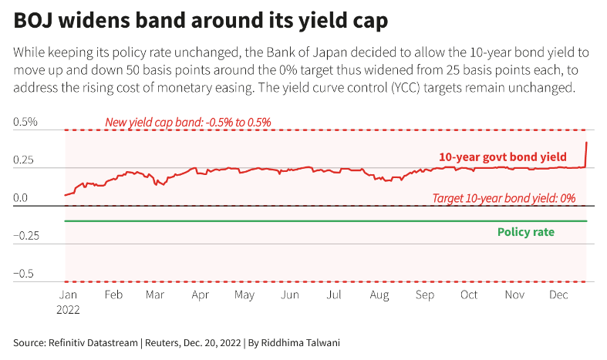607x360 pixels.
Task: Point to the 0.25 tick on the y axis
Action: click(x=26, y=160)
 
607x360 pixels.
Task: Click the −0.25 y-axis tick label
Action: click(x=29, y=235)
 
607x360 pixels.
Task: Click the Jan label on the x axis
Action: click(x=67, y=294)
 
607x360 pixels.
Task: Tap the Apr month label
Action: click(x=201, y=294)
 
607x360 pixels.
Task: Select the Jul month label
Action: click(x=334, y=294)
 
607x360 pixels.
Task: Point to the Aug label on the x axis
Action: click(x=379, y=294)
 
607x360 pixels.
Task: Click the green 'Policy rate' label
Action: click(x=526, y=231)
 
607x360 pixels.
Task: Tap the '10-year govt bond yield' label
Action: click(x=503, y=156)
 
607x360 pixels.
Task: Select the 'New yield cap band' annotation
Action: click(x=187, y=122)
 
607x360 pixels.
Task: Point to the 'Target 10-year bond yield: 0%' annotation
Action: click(x=504, y=198)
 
